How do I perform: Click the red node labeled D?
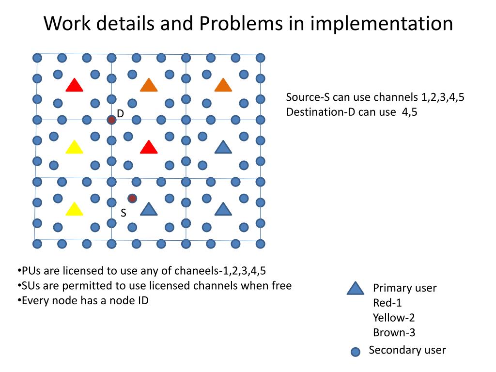[111, 119]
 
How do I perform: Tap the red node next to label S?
[132, 198]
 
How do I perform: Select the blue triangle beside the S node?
[149, 209]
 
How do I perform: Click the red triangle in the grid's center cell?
[149, 147]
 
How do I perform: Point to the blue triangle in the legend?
[355, 289]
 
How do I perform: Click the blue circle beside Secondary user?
[356, 352]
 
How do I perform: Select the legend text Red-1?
[387, 303]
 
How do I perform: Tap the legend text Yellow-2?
[394, 318]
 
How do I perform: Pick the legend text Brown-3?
[394, 333]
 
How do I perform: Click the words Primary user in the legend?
[404, 288]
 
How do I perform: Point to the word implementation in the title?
[381, 23]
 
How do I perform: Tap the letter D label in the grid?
[121, 113]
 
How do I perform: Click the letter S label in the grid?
[124, 213]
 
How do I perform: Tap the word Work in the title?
[65, 23]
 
